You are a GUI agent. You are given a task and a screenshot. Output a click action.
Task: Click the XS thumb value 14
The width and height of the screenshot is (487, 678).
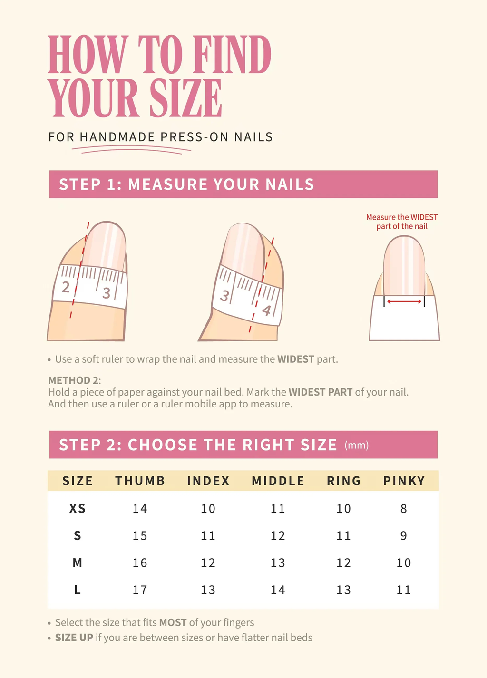click(x=140, y=509)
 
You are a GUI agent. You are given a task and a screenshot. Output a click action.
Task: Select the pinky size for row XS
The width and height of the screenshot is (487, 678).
click(x=403, y=509)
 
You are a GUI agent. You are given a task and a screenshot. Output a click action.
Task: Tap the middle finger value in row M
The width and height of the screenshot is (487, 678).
click(x=278, y=562)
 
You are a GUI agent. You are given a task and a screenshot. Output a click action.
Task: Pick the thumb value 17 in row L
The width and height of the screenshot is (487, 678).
click(x=140, y=590)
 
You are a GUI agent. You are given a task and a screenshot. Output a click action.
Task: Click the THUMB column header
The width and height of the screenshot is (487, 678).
click(x=140, y=481)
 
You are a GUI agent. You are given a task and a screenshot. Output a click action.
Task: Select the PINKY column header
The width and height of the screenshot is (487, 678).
click(x=404, y=481)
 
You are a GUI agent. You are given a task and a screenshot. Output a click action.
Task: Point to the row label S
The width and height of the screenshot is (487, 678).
click(x=78, y=536)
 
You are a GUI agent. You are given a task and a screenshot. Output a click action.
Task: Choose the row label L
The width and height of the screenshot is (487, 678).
click(x=78, y=590)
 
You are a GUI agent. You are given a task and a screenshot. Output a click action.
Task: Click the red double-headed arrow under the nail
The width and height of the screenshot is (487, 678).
click(x=404, y=301)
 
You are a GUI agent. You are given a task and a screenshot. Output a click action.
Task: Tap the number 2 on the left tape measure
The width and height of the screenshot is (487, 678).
click(x=66, y=287)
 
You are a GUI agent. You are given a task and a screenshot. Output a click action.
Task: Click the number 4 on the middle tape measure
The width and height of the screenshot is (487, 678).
click(x=267, y=310)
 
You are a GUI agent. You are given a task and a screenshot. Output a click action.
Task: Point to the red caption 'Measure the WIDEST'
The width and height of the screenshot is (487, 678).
click(x=402, y=217)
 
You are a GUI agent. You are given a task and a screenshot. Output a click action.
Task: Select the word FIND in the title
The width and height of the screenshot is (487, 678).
click(x=232, y=55)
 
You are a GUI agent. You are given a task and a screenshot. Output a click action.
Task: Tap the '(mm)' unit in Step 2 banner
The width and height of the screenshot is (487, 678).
click(x=357, y=445)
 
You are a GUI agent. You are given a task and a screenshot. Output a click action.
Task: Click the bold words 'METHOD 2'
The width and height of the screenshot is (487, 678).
click(x=74, y=380)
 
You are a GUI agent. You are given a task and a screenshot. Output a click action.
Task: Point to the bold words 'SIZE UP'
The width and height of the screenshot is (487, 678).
click(x=74, y=638)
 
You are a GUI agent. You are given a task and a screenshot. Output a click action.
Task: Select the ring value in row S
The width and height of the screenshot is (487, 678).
click(x=343, y=536)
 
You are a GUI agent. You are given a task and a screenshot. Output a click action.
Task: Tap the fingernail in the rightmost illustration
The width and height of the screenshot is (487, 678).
click(x=404, y=266)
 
